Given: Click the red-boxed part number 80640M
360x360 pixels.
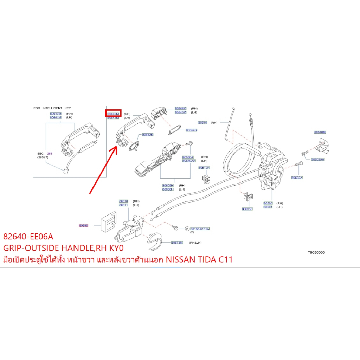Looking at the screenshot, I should [113, 114].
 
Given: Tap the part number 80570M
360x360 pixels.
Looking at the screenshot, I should [320, 132].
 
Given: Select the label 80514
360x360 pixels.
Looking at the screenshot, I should [202, 123].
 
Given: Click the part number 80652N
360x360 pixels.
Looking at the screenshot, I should [148, 135].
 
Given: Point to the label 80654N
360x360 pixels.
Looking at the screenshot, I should [191, 130].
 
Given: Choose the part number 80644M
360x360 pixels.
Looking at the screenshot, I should [180, 108].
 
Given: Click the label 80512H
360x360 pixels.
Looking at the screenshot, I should [204, 168].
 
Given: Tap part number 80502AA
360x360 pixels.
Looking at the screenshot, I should [318, 159].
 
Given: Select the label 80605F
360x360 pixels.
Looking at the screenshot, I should [247, 209].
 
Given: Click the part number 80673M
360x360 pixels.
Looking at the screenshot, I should [177, 243].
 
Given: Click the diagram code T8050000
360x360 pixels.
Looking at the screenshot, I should [316, 252].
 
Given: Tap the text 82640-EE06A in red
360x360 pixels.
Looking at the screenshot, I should [28, 236].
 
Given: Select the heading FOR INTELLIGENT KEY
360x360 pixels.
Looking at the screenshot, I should [52, 108].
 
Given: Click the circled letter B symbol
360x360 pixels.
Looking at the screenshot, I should [187, 229].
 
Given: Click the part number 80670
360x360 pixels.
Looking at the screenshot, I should [123, 201].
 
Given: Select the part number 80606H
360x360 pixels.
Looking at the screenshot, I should [168, 189].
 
